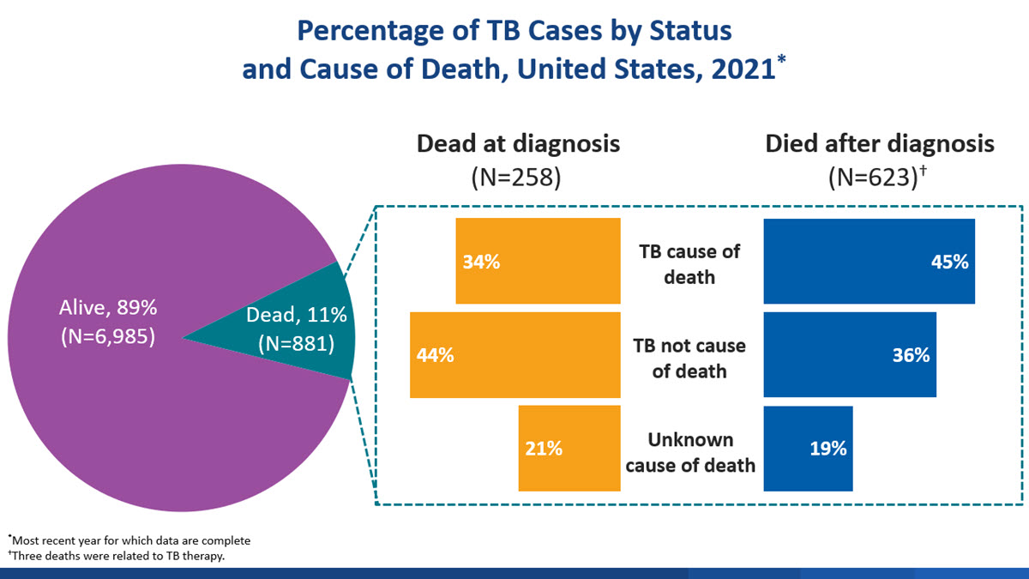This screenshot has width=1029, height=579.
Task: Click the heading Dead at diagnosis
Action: (518, 143)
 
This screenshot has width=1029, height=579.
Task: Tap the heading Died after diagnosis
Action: (880, 143)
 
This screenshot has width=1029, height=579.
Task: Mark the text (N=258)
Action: (517, 178)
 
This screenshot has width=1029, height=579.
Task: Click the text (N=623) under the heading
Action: (875, 178)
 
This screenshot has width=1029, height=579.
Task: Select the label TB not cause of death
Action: (689, 359)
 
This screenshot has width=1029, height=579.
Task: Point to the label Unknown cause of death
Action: (689, 452)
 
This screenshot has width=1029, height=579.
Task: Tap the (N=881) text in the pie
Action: (296, 344)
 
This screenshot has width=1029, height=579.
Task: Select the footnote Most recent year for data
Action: (130, 540)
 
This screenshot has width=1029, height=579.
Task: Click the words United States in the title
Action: (603, 68)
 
